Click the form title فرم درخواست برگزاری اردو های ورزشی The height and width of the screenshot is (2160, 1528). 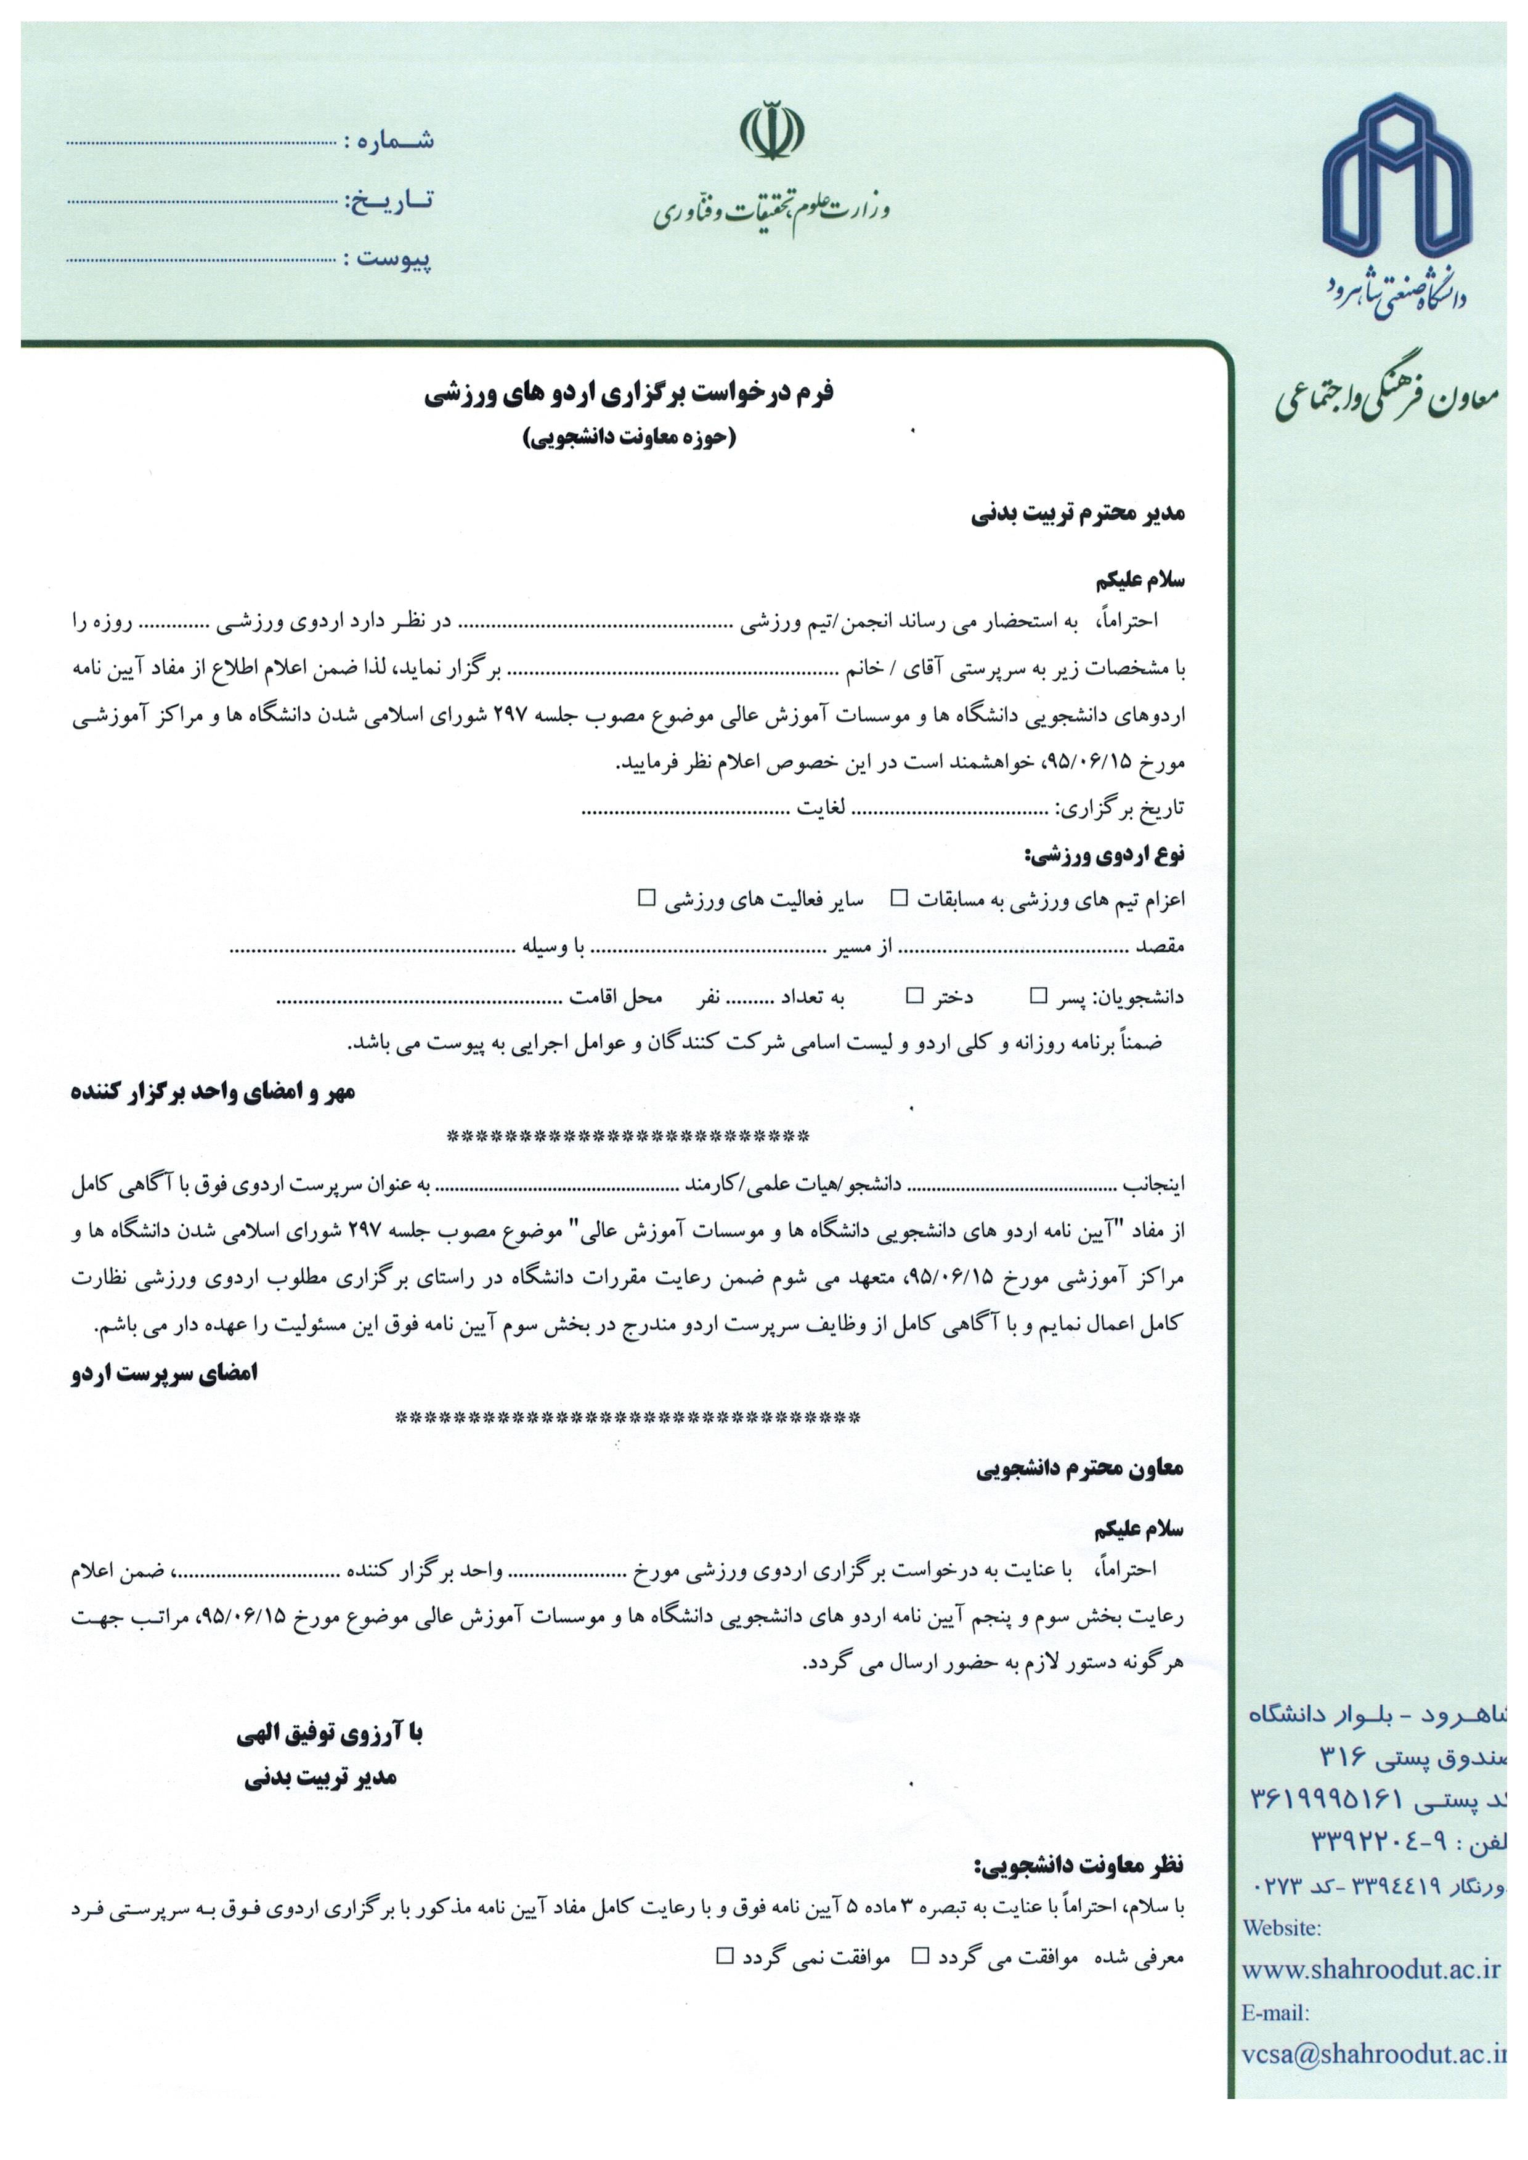click(628, 395)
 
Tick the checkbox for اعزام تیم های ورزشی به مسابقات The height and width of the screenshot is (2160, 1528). click(900, 897)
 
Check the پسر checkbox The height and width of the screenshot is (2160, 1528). click(1039, 995)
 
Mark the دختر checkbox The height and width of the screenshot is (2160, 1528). click(914, 995)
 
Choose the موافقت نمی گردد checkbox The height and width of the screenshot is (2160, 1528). click(725, 1957)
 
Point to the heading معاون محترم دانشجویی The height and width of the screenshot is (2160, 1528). click(1079, 1468)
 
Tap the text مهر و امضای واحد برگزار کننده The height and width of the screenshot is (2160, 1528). click(214, 1093)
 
